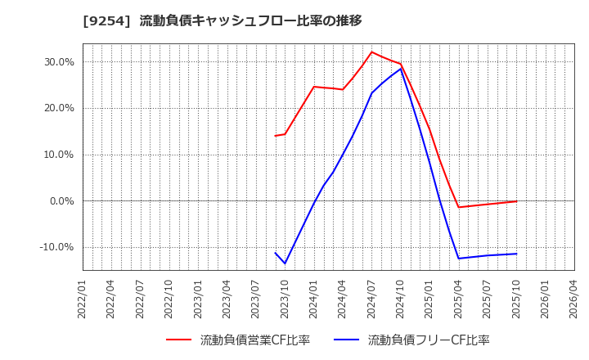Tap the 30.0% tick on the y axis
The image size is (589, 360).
[58, 61]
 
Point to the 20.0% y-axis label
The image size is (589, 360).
[58, 108]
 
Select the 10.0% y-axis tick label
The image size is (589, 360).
[58, 155]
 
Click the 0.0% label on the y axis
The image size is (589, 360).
[61, 201]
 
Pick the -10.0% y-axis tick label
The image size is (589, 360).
[56, 247]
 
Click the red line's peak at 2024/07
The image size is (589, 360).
[371, 52]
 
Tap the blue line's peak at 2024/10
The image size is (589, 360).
[401, 69]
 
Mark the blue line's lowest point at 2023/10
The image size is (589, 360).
[285, 263]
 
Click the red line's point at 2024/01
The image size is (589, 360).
[314, 87]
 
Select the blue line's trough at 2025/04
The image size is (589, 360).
[458, 259]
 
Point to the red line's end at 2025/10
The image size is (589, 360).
[516, 201]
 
